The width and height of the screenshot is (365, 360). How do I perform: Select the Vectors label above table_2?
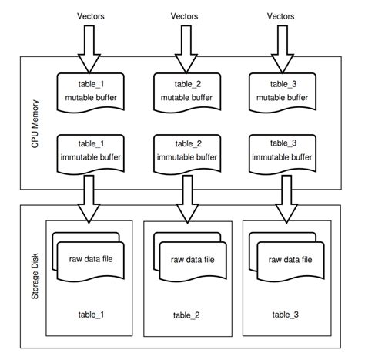point(183,15)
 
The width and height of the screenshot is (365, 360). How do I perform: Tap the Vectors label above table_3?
point(280,15)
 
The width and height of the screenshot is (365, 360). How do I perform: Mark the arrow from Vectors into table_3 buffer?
point(280,48)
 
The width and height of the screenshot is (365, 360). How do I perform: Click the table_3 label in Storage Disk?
point(286,315)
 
